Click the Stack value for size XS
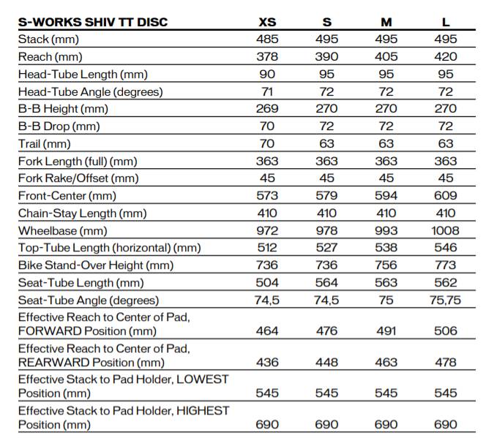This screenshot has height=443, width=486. [x=267, y=39]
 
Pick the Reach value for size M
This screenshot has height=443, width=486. [x=385, y=56]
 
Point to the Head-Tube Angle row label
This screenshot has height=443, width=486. [x=90, y=91]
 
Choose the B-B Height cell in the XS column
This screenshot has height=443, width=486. [x=267, y=109]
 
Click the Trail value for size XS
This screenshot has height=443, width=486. [x=267, y=143]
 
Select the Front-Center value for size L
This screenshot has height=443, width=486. [x=445, y=196]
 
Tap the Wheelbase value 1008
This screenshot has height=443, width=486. [x=445, y=230]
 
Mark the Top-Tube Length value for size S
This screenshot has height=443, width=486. [x=326, y=248]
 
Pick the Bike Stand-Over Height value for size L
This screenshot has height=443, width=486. [x=445, y=265]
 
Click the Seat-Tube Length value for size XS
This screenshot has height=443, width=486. [x=267, y=283]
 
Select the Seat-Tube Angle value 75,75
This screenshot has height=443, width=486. [x=445, y=300]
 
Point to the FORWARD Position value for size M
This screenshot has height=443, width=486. [x=385, y=331]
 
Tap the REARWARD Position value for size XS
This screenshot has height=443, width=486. [x=267, y=363]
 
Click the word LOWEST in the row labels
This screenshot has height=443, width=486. [x=201, y=379]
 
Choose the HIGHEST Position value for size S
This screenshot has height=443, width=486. [x=326, y=425]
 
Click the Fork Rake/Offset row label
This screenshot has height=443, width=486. [x=78, y=178]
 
